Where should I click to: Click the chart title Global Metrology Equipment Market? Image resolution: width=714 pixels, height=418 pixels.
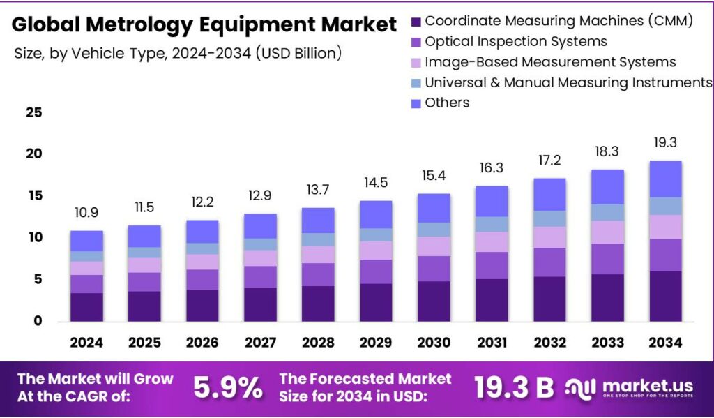[x=204, y=25]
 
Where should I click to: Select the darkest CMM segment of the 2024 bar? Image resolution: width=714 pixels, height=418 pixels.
[x=86, y=307]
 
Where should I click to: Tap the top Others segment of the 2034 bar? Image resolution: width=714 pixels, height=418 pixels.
[x=664, y=179]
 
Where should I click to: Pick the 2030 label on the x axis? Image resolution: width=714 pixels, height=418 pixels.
[x=433, y=343]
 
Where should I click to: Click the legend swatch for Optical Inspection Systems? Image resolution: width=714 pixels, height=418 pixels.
[x=416, y=43]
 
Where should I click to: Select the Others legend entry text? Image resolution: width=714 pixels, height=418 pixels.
[x=447, y=103]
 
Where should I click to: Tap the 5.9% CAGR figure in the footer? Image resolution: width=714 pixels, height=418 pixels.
[x=228, y=387]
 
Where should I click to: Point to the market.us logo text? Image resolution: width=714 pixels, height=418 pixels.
[x=646, y=385]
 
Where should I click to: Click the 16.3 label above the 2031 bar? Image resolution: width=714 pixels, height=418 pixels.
[x=491, y=168]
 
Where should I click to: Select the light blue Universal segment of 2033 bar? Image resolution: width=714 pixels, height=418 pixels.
[x=607, y=212]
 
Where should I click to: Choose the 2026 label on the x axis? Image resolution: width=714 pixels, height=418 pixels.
[x=202, y=343]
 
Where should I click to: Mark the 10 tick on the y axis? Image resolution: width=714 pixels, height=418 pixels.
[x=33, y=238]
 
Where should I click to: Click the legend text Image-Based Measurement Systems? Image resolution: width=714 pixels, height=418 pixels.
[x=550, y=62]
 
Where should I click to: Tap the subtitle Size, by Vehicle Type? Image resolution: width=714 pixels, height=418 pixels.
[x=178, y=54]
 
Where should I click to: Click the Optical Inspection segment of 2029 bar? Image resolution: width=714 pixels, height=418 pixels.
[x=375, y=271]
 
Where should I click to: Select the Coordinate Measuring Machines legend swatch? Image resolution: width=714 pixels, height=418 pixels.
[x=416, y=22]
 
